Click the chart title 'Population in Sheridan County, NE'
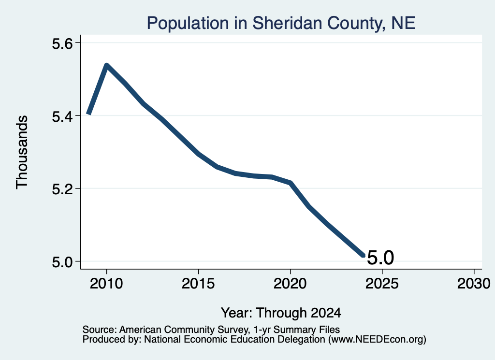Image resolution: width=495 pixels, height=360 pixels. pos(281,23)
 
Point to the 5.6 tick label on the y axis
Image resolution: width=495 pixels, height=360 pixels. pos(62,43)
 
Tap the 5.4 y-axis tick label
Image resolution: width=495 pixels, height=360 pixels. pos(62,116)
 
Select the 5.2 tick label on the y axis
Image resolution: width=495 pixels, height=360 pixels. pos(62,188)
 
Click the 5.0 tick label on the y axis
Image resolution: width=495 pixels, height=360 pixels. pos(62,261)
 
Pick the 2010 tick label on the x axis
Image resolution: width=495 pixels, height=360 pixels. pos(106,283)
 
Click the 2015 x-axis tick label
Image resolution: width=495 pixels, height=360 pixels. pos(198,283)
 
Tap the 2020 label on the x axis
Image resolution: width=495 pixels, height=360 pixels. pos(290,283)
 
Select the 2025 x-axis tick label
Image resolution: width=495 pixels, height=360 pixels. pos(382,283)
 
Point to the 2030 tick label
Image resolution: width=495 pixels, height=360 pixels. pos(474,283)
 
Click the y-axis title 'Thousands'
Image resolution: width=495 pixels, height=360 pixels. pos(22,152)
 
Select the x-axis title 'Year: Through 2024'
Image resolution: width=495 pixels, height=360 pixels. pos(281,313)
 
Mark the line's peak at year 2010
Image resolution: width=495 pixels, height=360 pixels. pos(107,65)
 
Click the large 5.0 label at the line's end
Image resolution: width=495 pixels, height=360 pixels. pos(380,258)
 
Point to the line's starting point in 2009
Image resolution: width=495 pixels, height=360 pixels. pos(89,114)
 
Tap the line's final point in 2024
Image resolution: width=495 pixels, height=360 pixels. pos(364,256)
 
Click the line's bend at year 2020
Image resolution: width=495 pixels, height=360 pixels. pos(290,183)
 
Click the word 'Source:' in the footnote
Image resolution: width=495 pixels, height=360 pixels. pos(100,330)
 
